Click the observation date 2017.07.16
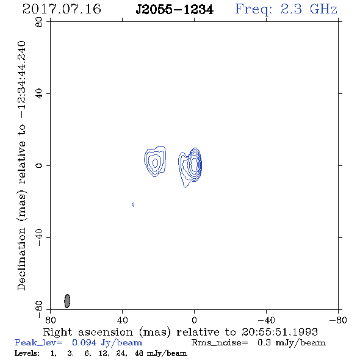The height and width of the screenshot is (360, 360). pyautogui.click(x=62, y=9)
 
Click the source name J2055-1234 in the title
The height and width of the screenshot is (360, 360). pyautogui.click(x=175, y=10)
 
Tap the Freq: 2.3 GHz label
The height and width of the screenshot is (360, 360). pyautogui.click(x=286, y=10)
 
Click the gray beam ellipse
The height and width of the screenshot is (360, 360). pyautogui.click(x=67, y=301)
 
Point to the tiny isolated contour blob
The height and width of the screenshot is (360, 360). pyautogui.click(x=133, y=204)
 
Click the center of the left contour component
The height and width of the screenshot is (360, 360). pyautogui.click(x=155, y=162)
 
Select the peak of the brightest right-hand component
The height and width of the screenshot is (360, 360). pyautogui.click(x=194, y=164)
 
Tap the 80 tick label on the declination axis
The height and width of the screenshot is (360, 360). pyautogui.click(x=39, y=22)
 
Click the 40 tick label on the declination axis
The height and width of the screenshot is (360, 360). pyautogui.click(x=39, y=94)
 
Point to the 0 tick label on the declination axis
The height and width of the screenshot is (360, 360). pyautogui.click(x=39, y=165)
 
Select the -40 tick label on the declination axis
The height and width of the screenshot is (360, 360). pyautogui.click(x=39, y=237)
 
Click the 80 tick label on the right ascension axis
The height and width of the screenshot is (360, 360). pyautogui.click(x=50, y=320)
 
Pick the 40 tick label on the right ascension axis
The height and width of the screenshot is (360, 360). pyautogui.click(x=123, y=320)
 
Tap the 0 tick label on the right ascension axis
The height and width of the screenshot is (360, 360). pyautogui.click(x=194, y=320)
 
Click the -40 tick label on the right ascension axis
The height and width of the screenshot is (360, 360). pyautogui.click(x=266, y=320)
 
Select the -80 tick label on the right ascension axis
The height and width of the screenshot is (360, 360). pyautogui.click(x=338, y=320)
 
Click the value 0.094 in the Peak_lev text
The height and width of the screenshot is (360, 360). pyautogui.click(x=84, y=342)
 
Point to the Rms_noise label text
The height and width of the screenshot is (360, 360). pyautogui.click(x=220, y=343)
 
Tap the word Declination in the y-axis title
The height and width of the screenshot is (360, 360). pyautogui.click(x=21, y=259)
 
